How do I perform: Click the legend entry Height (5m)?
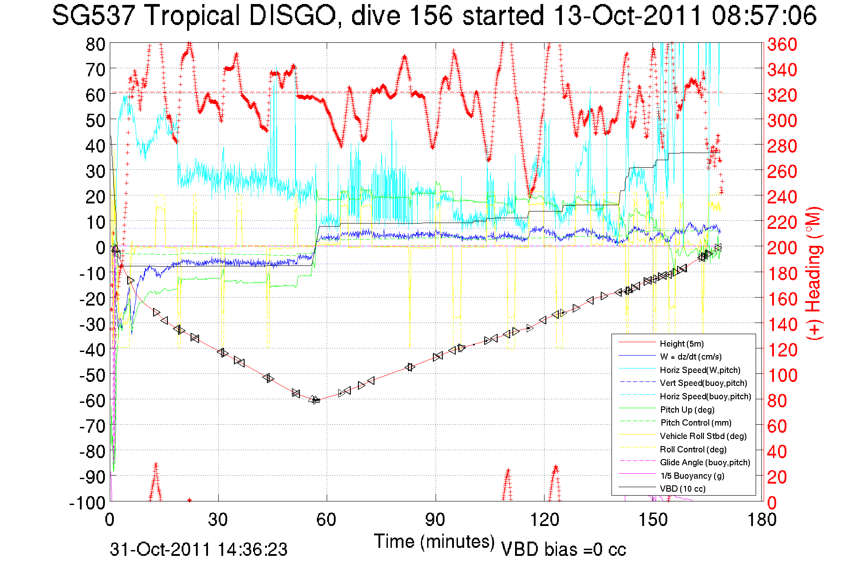[x=682, y=344]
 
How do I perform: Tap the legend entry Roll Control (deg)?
[x=693, y=449]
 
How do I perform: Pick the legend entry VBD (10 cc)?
[x=682, y=488]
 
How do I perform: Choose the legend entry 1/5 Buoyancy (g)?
[x=692, y=476]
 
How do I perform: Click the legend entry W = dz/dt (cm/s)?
[x=690, y=356]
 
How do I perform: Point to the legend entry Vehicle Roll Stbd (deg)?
[x=703, y=436]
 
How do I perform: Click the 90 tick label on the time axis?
[x=435, y=520]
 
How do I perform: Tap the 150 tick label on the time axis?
[x=653, y=520]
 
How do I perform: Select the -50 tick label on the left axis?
[x=92, y=375]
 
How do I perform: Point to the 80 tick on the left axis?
[x=95, y=44]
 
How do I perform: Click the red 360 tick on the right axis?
[x=782, y=44]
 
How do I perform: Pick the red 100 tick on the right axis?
[x=782, y=375]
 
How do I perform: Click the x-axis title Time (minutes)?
[x=434, y=542]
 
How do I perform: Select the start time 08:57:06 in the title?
[x=764, y=16]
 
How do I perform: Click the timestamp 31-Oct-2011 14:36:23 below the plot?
[x=199, y=550]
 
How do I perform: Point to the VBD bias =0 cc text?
[x=563, y=550]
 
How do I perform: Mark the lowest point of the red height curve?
[x=316, y=400]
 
